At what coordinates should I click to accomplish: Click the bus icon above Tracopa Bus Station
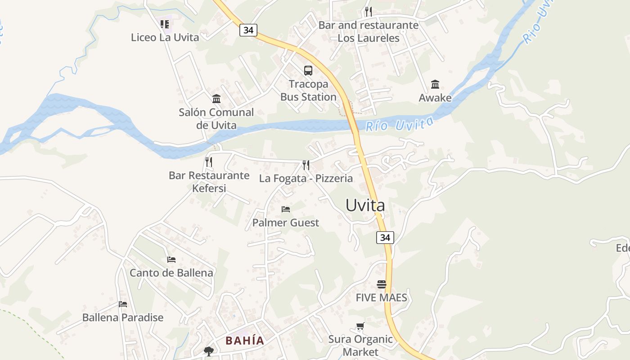click(x=308, y=70)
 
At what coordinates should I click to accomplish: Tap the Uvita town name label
click(x=365, y=205)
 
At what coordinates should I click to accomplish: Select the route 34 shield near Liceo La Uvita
click(x=248, y=30)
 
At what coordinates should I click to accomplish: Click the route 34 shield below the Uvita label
click(x=385, y=237)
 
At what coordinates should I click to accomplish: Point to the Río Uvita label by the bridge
click(x=400, y=124)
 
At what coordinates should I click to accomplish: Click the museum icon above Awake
click(x=435, y=84)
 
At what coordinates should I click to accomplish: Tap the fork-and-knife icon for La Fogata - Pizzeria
click(x=306, y=165)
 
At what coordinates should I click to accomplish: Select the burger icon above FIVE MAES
click(x=382, y=284)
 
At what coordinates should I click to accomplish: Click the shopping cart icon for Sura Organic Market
click(x=360, y=326)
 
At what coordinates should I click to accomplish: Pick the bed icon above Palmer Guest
click(x=285, y=209)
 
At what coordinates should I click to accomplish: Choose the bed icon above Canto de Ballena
click(x=171, y=259)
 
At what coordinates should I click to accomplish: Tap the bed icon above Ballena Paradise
click(x=122, y=304)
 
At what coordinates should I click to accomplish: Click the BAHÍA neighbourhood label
click(x=245, y=341)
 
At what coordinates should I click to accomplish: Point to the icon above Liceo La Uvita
click(x=165, y=23)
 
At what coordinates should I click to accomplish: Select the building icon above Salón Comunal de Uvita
click(x=216, y=99)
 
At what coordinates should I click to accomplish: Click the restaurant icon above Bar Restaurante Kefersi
click(x=209, y=162)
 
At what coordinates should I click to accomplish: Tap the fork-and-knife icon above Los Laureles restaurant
click(x=369, y=11)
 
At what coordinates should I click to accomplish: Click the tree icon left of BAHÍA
click(x=208, y=350)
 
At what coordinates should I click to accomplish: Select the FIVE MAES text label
click(x=381, y=297)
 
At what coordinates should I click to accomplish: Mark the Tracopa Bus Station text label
click(x=308, y=90)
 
